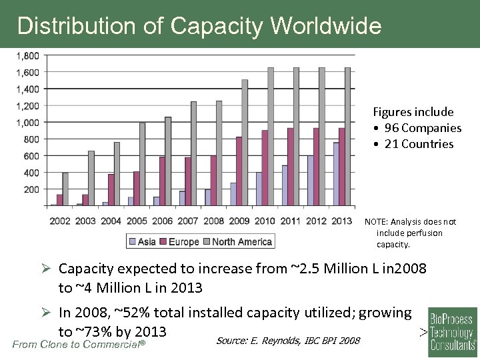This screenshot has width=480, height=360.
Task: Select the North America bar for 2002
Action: pyautogui.click(x=65, y=189)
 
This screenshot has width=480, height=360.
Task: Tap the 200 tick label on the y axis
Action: pyautogui.click(x=31, y=189)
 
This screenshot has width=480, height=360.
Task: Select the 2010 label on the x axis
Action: pyautogui.click(x=265, y=221)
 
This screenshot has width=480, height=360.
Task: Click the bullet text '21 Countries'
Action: pyautogui.click(x=419, y=144)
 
